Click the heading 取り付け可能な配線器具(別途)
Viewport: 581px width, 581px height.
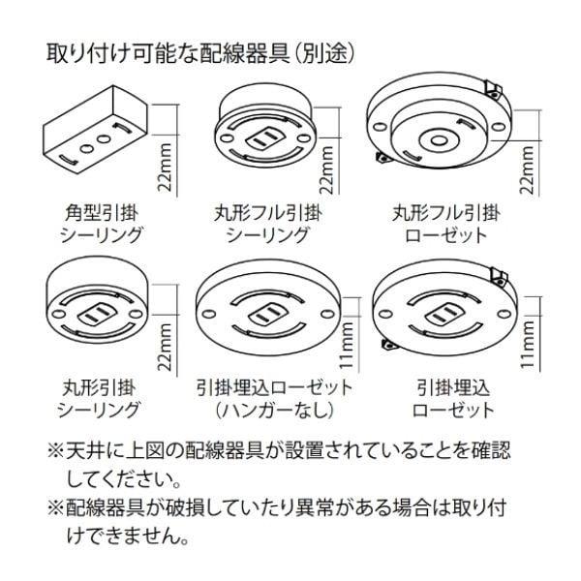[x=200, y=54]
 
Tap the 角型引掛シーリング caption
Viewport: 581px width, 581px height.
[x=101, y=225]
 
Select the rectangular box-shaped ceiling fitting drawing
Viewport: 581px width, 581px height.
[x=96, y=130]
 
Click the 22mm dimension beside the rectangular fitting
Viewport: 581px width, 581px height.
[x=165, y=168]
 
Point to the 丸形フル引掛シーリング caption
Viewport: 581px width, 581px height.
[x=267, y=225]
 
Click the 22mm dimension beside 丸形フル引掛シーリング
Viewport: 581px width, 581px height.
[x=327, y=169]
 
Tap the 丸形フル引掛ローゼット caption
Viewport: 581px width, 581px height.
[x=446, y=225]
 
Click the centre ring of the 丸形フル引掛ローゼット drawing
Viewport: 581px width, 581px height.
[x=439, y=140]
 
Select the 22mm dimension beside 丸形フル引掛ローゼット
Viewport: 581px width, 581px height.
[x=527, y=169]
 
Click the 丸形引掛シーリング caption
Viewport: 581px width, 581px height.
[x=98, y=399]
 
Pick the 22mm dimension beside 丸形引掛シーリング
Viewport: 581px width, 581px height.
[x=165, y=347]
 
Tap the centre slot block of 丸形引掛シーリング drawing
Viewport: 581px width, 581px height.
[x=94, y=316]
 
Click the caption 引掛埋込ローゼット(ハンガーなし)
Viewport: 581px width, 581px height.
[x=275, y=399]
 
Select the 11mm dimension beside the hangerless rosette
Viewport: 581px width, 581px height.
[x=347, y=345]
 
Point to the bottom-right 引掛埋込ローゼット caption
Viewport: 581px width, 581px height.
[x=453, y=399]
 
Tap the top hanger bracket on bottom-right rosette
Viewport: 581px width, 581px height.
[x=499, y=276]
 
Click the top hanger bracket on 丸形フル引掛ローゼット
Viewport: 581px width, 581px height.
[x=493, y=89]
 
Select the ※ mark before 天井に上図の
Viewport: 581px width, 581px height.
[x=55, y=451]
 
